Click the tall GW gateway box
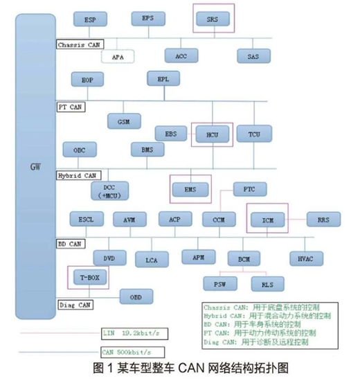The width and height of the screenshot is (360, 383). tap(34, 166)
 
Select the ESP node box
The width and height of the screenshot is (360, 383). tap(90, 21)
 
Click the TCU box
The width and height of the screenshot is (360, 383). tap(253, 132)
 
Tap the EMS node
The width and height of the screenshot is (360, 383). tap(190, 187)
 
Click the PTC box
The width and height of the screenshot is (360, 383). tap(250, 188)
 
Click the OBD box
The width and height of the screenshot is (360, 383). tap(136, 296)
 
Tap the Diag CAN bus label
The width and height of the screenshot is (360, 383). tap(75, 304)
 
